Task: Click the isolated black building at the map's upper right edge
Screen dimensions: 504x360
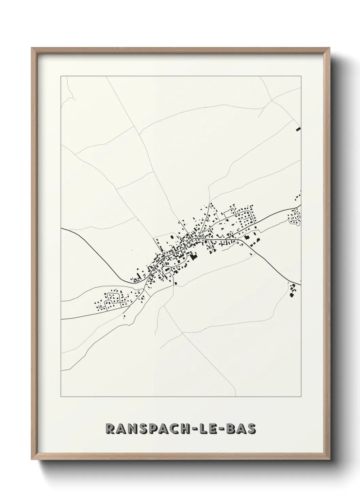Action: (x=298, y=129)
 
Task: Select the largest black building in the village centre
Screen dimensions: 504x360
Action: (x=194, y=256)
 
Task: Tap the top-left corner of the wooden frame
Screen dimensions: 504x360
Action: (x=32, y=48)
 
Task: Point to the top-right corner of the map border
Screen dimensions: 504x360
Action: (x=301, y=76)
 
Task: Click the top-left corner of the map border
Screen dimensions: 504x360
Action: (x=61, y=76)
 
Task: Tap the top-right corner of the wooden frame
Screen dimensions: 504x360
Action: (x=328, y=48)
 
